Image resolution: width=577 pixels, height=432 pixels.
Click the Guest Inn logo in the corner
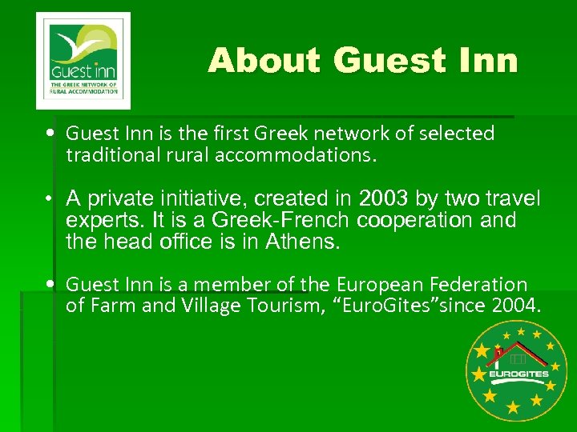(83, 61)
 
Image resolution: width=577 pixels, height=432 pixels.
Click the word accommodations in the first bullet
(294, 154)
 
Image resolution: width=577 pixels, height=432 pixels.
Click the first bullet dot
(50, 133)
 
